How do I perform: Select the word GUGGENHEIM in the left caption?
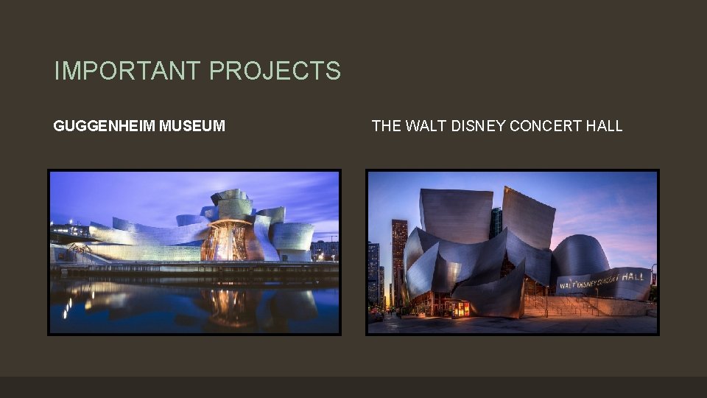pos(105,126)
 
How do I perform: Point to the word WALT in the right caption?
pos(427,126)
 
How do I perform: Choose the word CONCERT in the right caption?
pos(546,126)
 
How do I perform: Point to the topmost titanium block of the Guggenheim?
pos(231,198)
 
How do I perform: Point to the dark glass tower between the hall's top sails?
pos(496,221)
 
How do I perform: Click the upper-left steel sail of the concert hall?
pos(455,214)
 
